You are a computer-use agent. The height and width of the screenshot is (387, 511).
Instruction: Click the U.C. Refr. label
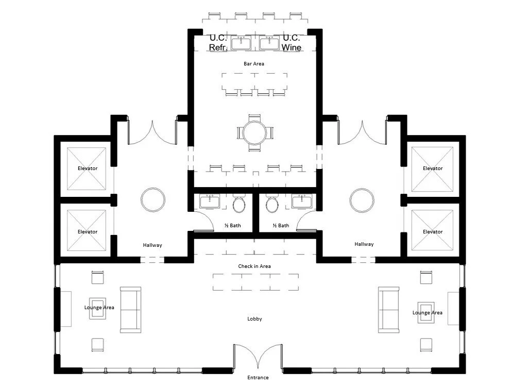(x=218, y=42)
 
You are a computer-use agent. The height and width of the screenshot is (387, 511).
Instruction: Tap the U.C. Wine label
(x=292, y=42)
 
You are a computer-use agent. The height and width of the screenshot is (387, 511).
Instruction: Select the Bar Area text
(x=254, y=63)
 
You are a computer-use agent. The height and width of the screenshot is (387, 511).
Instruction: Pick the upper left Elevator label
(x=88, y=168)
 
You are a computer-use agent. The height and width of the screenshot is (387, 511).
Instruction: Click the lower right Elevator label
(x=432, y=231)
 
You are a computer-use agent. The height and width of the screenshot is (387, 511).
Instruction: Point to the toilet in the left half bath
(x=240, y=205)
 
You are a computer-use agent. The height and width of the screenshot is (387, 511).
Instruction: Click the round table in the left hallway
(x=154, y=199)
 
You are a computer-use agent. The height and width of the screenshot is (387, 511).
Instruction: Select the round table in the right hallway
(x=362, y=199)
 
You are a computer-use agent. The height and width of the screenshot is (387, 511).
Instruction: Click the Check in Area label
(x=254, y=266)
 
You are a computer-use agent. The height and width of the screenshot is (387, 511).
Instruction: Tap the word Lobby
(x=254, y=318)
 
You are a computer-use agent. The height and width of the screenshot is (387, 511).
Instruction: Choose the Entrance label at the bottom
(x=258, y=377)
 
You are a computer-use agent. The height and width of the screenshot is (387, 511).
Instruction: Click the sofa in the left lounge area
(x=130, y=309)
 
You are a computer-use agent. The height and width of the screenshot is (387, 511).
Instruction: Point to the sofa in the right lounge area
(x=389, y=309)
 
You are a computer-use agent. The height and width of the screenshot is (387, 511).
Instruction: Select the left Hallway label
(x=152, y=245)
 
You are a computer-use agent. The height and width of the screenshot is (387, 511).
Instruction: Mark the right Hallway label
(x=364, y=244)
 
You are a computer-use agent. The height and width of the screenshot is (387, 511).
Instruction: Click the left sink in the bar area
(x=240, y=44)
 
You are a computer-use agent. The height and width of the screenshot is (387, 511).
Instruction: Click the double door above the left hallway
(x=152, y=133)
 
